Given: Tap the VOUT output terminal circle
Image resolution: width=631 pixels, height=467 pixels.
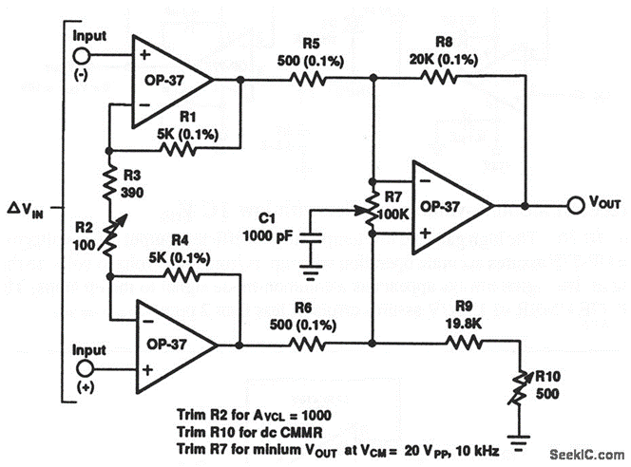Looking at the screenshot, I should pos(574,205).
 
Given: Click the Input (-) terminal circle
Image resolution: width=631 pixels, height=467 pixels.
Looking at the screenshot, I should pos(86,56).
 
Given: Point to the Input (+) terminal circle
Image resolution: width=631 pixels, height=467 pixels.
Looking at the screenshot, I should pos(86,368).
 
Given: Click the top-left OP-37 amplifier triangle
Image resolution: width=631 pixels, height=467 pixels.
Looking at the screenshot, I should pos(170,82).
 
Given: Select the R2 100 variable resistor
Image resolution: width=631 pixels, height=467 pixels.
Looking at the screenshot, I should pos(109,239).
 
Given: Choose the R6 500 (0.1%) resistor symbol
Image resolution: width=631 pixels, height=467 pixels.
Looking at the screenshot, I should pos(308,345).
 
